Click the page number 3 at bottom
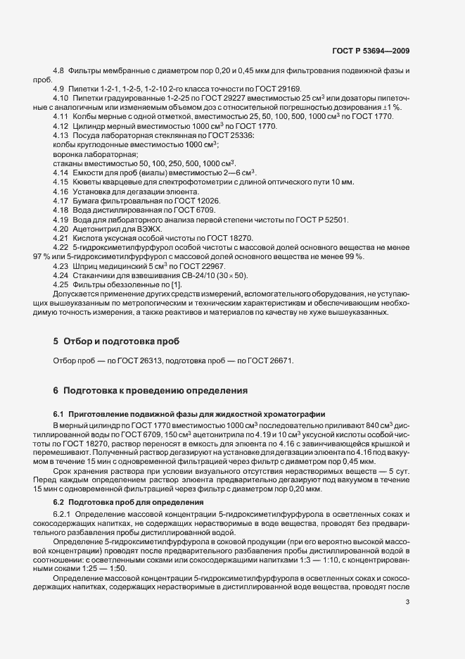[408, 601]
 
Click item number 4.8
[58, 73]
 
